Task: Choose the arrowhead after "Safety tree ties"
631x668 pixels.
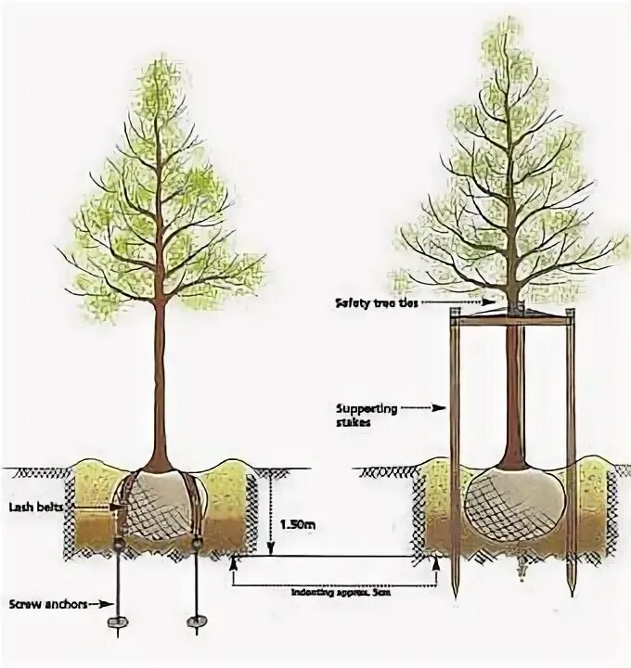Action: (482, 302)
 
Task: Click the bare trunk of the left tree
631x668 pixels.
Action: (159, 371)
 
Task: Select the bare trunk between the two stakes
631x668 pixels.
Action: (512, 390)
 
